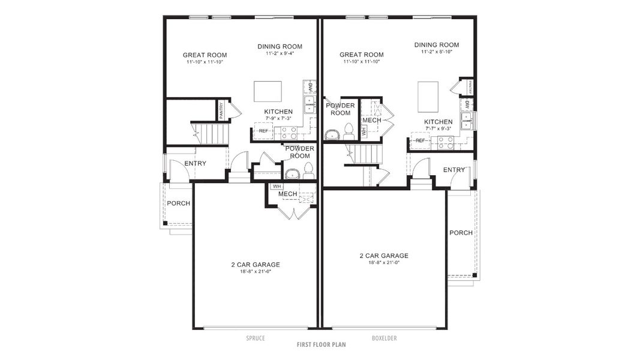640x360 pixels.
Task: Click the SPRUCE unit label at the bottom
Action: pos(256,338)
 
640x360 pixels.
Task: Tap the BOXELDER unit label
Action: pos(384,338)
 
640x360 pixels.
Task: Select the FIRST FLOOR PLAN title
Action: pos(321,345)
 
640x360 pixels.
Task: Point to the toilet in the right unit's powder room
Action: pos(348,131)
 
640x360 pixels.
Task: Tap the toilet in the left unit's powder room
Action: pos(308,170)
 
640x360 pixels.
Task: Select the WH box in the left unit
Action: pos(277,187)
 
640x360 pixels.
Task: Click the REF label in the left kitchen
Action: pos(263,131)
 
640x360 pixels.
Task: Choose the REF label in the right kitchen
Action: pos(420,141)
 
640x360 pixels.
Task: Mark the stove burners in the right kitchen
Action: pos(446,143)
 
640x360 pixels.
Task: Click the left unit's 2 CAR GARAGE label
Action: pos(256,265)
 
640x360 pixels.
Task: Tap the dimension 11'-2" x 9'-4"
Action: pos(280,53)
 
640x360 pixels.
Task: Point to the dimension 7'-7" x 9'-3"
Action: pos(438,128)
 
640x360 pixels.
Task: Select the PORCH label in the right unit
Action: pos(461,233)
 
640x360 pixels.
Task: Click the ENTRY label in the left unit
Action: pos(195,163)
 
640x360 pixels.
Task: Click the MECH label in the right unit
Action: pos(371,121)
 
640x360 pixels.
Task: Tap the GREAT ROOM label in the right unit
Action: pos(361,55)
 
